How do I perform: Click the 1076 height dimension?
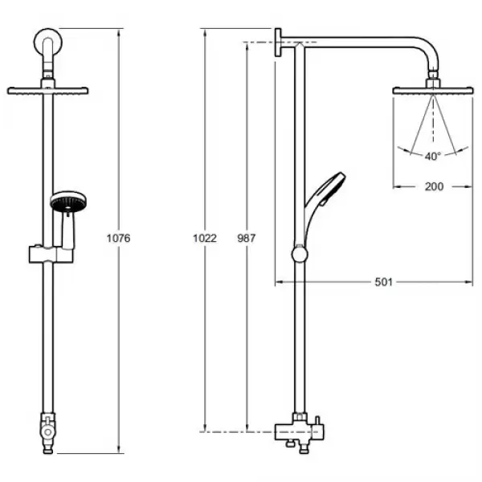coord(118,239)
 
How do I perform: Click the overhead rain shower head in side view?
coord(434,89)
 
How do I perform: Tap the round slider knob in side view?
coord(299,255)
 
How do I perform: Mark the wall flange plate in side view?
coord(279,43)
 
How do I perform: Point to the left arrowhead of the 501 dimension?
coord(278,281)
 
